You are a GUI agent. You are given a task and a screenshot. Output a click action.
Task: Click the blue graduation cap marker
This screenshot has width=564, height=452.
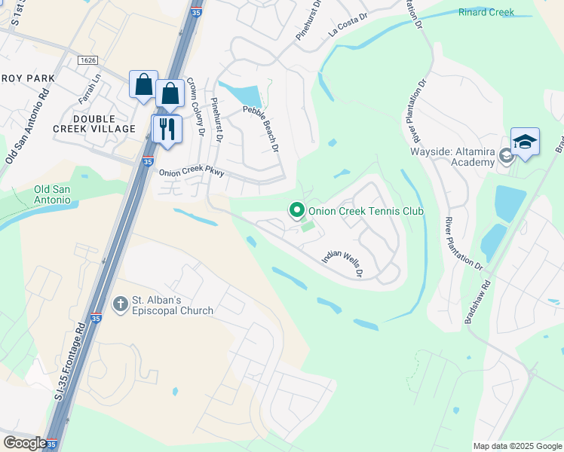[525, 142]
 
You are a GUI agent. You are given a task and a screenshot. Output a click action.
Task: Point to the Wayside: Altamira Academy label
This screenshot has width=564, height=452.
[452, 152]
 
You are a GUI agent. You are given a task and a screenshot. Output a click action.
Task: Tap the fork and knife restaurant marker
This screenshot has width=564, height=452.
[167, 128]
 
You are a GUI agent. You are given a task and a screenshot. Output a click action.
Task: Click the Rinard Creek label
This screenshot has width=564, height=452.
[486, 12]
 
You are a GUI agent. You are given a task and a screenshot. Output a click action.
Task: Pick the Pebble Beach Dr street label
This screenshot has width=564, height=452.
[261, 128]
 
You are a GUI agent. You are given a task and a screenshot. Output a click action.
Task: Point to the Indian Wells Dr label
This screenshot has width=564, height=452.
[343, 263]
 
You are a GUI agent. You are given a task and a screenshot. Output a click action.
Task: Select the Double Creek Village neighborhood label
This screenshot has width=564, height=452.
[104, 124]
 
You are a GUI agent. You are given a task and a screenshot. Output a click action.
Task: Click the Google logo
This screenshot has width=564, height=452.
[24, 443]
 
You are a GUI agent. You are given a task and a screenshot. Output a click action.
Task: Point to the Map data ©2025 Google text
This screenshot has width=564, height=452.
[516, 446]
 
